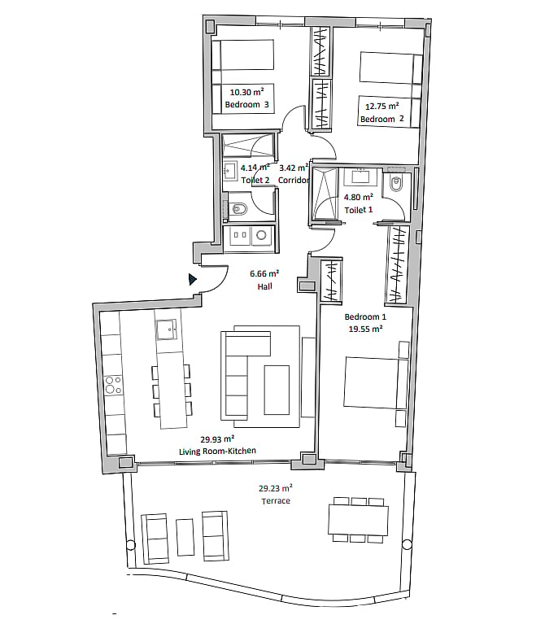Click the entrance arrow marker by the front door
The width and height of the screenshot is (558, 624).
192,279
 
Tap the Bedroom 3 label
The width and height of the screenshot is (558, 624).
246,105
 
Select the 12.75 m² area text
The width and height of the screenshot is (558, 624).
382,107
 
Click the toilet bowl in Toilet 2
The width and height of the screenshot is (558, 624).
238,207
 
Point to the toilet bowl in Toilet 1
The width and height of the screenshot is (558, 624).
395,184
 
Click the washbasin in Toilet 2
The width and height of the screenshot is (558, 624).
230,171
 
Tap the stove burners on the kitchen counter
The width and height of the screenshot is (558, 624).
113,386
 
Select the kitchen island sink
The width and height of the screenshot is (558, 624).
167,329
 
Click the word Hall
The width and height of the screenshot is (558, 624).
264,286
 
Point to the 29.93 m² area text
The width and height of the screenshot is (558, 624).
217,439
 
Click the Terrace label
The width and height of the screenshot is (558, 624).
276,501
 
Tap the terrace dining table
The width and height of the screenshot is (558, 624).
358,520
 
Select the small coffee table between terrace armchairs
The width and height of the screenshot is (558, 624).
185,537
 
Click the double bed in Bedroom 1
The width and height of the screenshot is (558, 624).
376,382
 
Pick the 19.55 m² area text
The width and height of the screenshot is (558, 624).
365,329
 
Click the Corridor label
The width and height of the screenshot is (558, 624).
294,181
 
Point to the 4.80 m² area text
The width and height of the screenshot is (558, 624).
359,197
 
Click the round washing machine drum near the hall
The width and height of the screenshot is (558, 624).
261,235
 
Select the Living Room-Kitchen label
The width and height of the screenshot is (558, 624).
217,452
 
